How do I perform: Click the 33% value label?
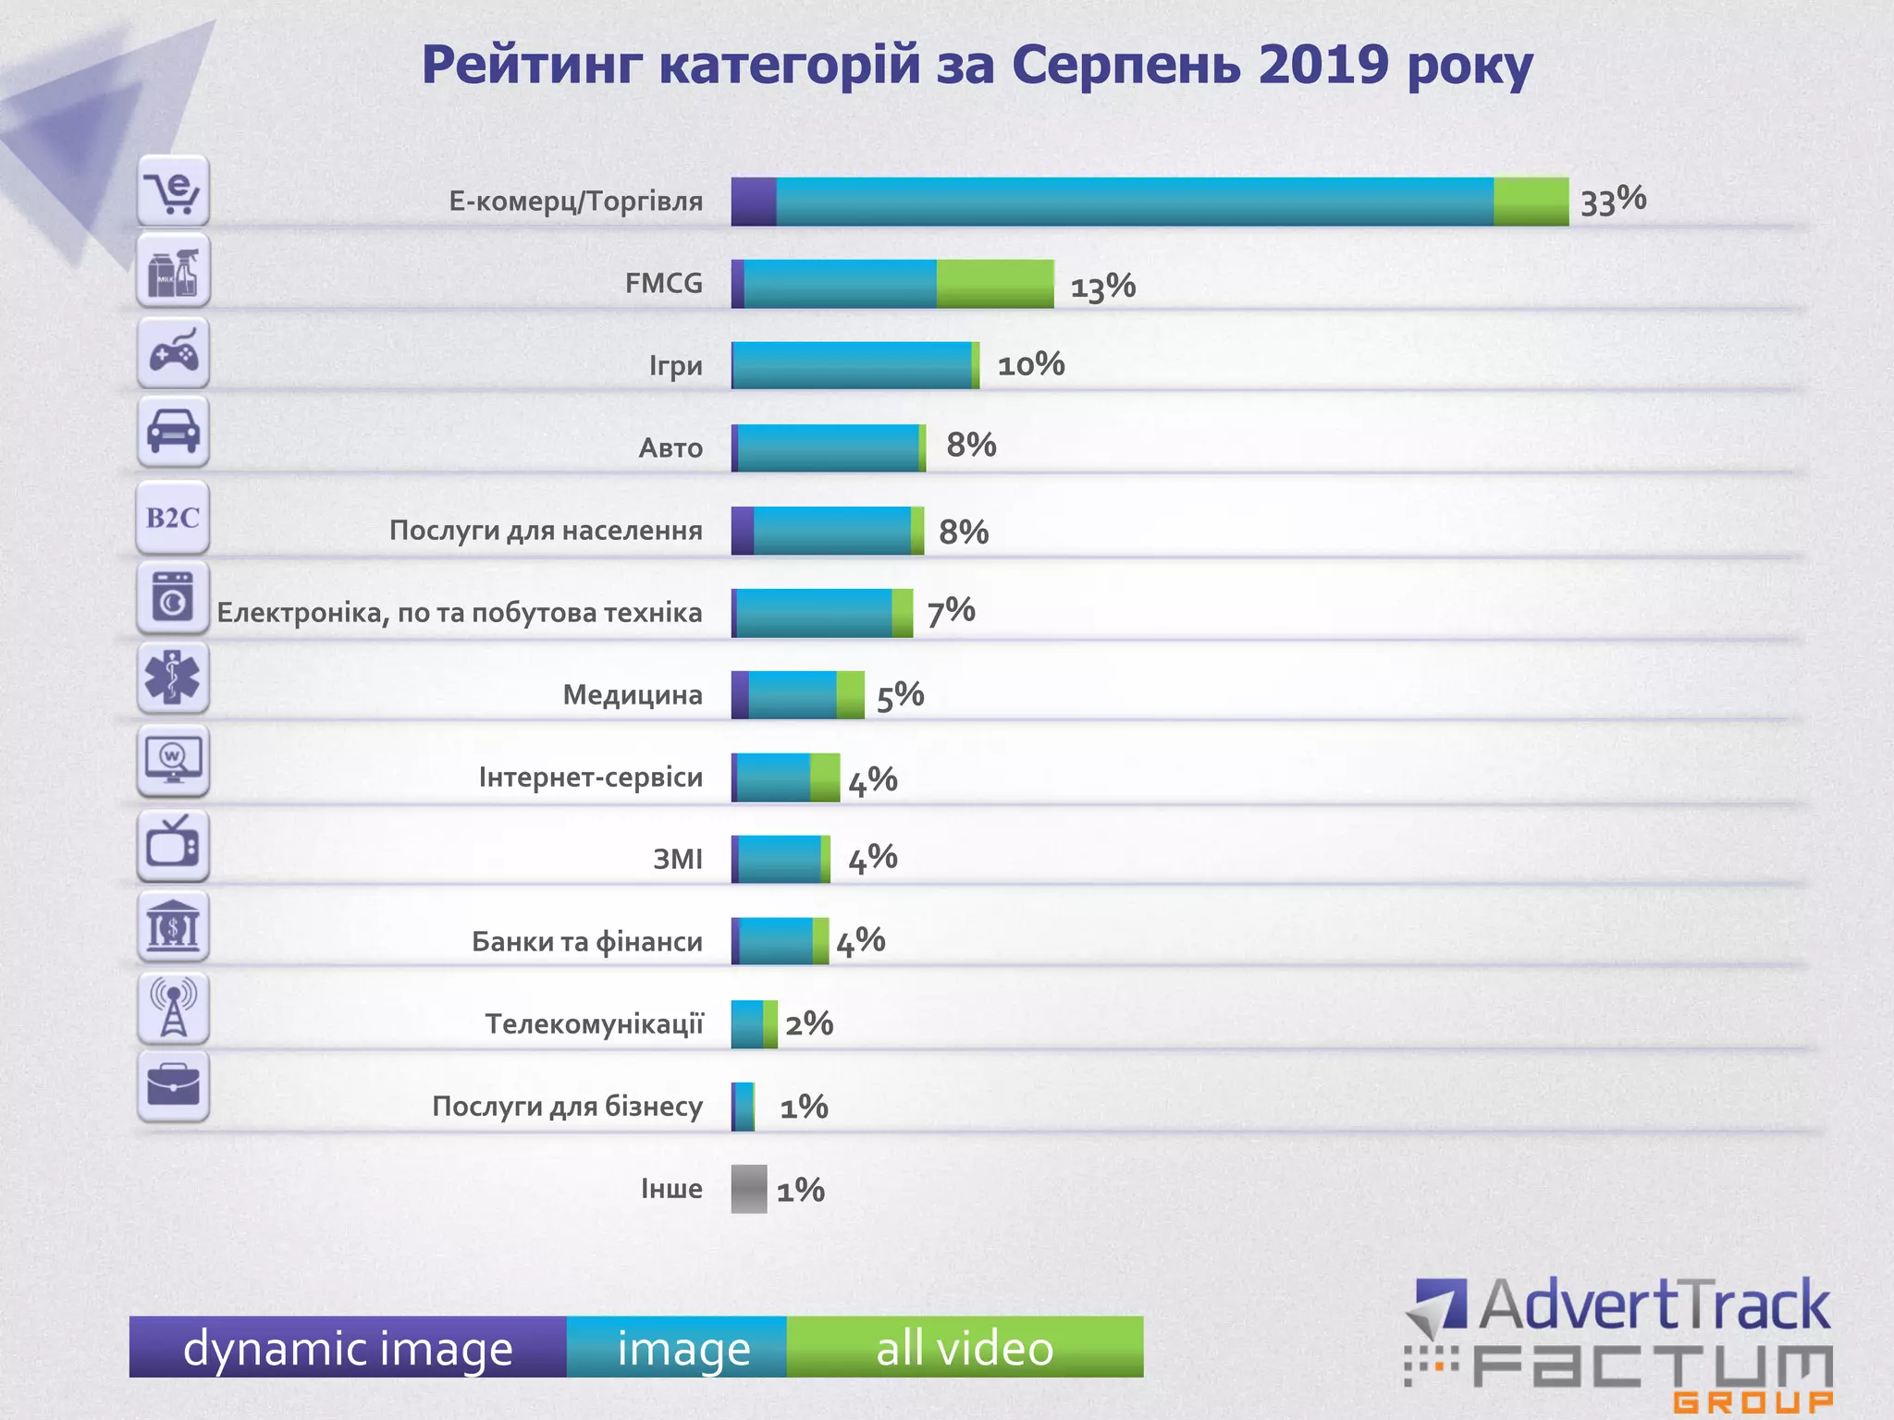click(x=1613, y=201)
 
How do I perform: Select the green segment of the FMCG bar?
click(x=994, y=284)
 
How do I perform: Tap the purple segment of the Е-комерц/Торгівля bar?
click(x=753, y=202)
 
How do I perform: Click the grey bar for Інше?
click(x=748, y=1189)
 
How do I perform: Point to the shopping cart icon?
click(x=173, y=191)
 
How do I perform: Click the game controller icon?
click(x=173, y=353)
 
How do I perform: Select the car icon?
click(x=173, y=432)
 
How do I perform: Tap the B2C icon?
click(x=173, y=518)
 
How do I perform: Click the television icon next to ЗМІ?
click(x=173, y=844)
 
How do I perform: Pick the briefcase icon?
click(x=173, y=1086)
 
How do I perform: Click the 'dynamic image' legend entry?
click(x=348, y=1348)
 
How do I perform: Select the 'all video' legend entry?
click(x=965, y=1348)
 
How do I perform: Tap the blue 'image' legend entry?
click(x=683, y=1348)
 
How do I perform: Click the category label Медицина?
click(x=633, y=695)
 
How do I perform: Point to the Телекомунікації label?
click(x=594, y=1024)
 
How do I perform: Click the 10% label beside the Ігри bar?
click(x=1030, y=365)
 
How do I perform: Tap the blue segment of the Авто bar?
click(x=828, y=448)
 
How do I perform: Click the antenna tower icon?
click(x=173, y=1008)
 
